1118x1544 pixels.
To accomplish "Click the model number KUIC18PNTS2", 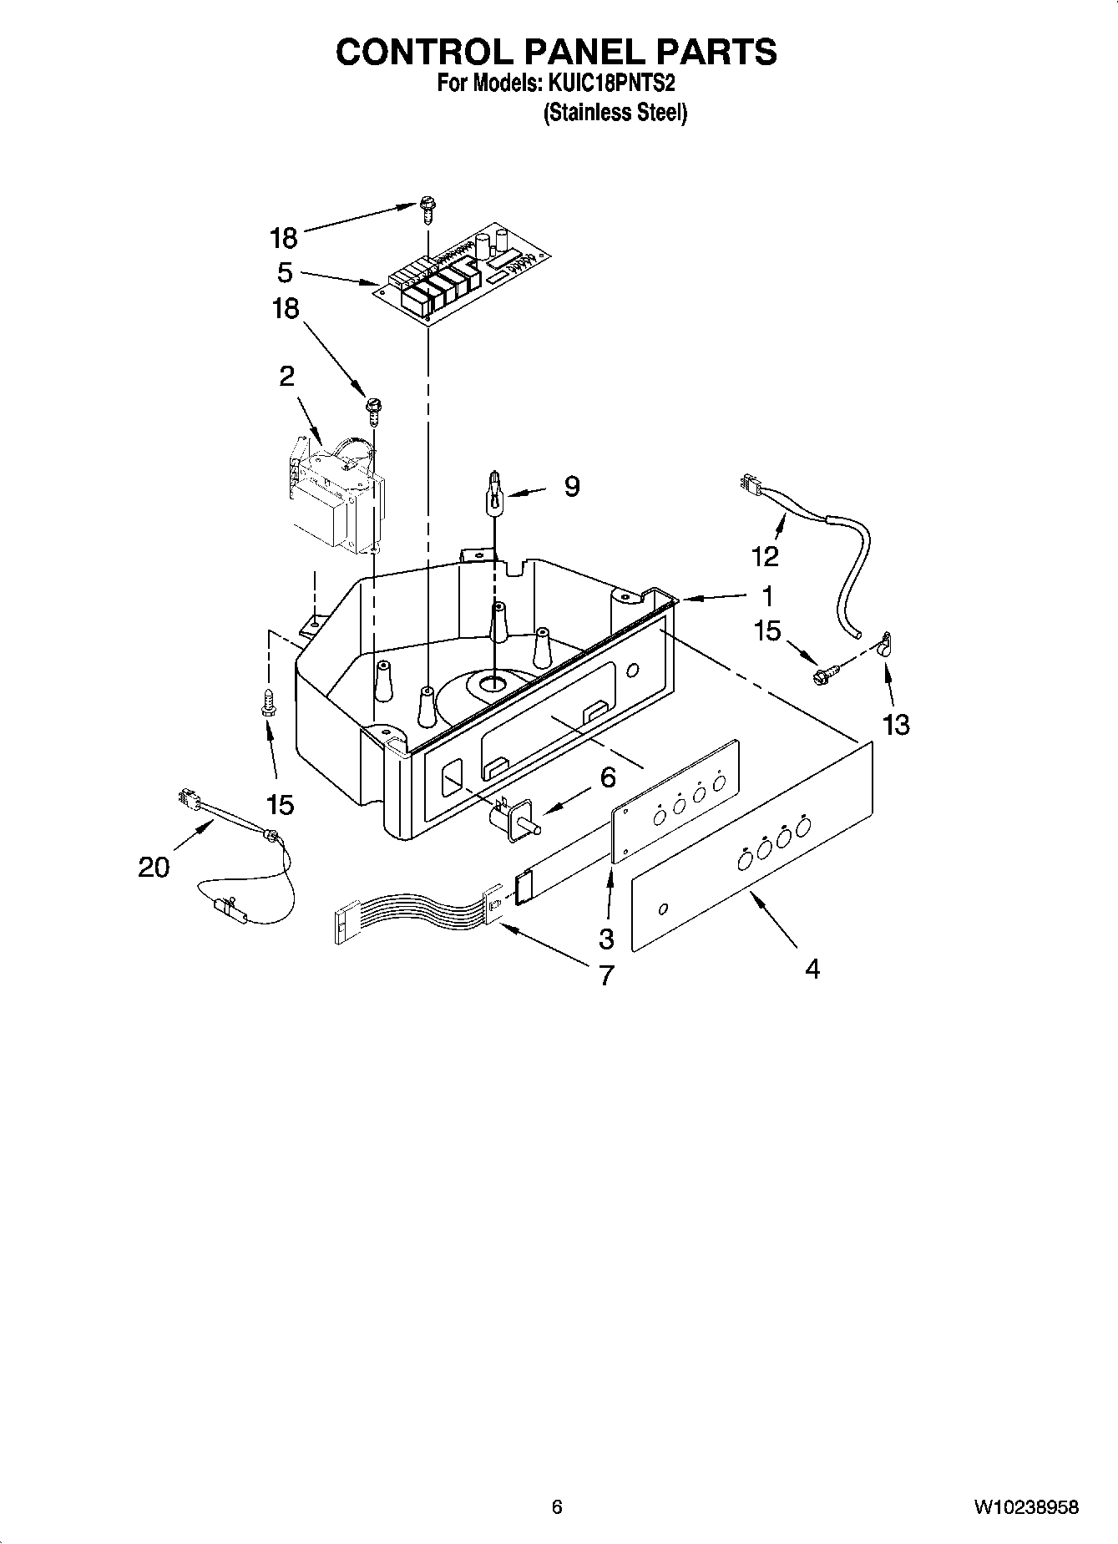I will (610, 84).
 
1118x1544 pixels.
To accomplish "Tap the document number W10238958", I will (1025, 1507).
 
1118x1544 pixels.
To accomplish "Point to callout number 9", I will (571, 486).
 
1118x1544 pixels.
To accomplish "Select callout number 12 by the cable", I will (765, 555).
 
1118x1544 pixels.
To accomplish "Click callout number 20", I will (154, 868).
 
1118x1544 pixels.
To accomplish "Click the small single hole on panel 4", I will (664, 909).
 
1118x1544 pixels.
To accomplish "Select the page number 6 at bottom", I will (557, 1507).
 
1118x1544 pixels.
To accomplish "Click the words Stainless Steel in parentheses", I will (615, 113).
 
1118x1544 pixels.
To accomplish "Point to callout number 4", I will (812, 969).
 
